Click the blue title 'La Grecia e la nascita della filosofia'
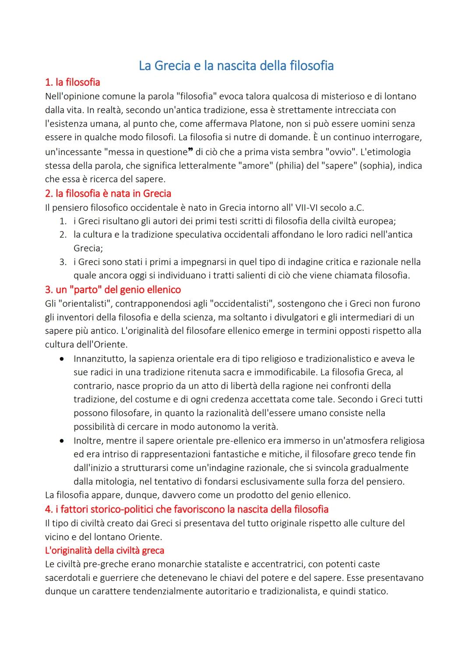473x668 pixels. (236, 66)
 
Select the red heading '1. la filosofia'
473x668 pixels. (73, 82)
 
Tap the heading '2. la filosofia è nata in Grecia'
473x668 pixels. (108, 193)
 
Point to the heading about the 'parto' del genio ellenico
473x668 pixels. (113, 290)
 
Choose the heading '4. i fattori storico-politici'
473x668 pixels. (187, 509)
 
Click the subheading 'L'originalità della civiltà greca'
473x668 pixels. (104, 550)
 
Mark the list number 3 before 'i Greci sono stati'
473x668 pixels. (63, 262)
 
